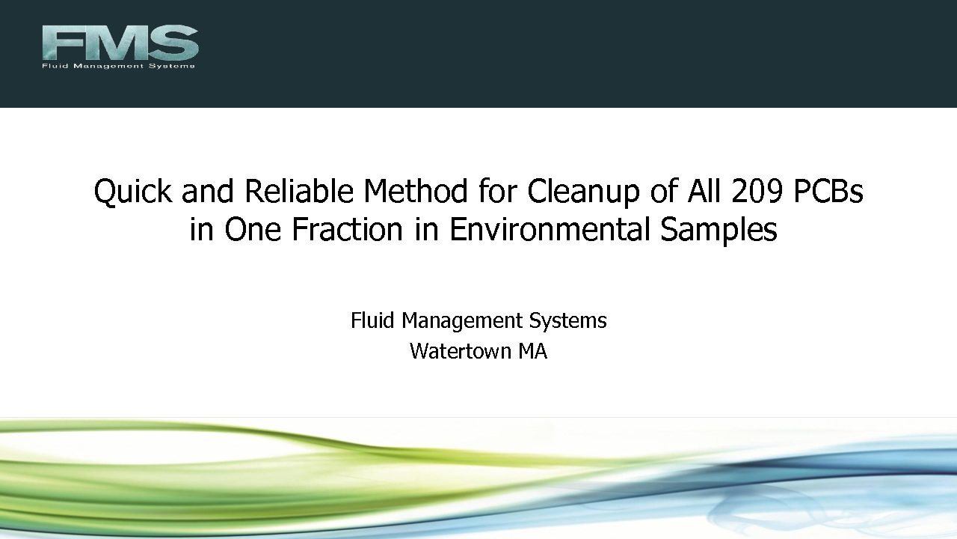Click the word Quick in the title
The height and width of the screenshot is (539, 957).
[x=133, y=191]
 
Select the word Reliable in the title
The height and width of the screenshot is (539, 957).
[x=298, y=190]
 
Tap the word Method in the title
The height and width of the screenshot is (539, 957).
[x=415, y=190]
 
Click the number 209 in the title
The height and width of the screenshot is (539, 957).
[x=757, y=191]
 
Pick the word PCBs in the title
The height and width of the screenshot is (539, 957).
[x=828, y=191]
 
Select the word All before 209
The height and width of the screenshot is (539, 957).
[x=704, y=190]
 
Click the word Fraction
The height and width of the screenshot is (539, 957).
[x=347, y=229]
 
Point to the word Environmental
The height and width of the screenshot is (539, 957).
[x=549, y=229]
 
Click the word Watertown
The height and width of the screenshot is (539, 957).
[x=460, y=351]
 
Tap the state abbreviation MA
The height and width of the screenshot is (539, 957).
[x=532, y=351]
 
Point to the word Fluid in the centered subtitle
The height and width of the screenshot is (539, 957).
[x=372, y=320]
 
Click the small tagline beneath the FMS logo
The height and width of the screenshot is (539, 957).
[x=118, y=66]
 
